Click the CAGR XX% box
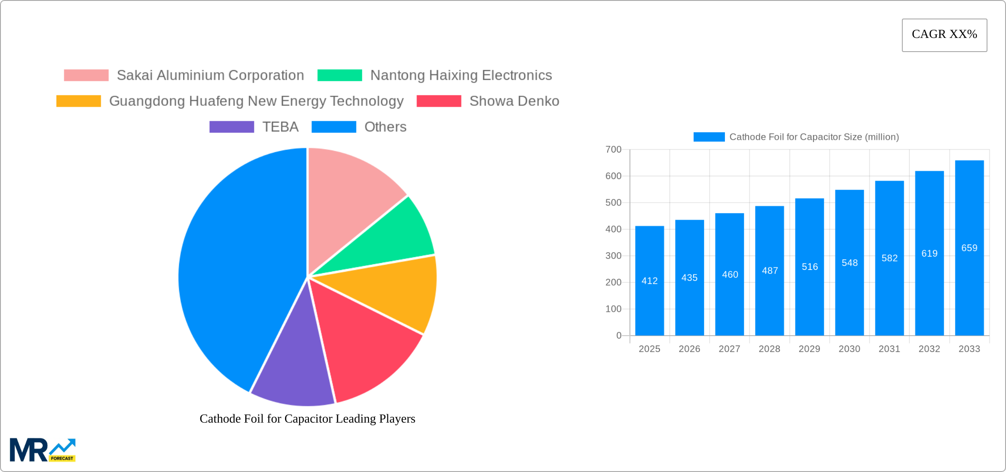tap(944, 35)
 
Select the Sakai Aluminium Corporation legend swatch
tap(86, 75)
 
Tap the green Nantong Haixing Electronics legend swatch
tap(339, 75)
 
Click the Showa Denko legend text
tap(514, 101)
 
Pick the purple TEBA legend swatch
tap(231, 127)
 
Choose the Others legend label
tap(385, 127)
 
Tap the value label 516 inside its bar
tap(810, 267)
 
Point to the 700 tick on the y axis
tap(613, 150)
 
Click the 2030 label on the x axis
tap(849, 349)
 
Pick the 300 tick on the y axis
tap(613, 256)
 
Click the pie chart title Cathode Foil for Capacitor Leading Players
tap(307, 419)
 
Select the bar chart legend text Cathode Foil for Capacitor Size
tap(814, 137)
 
